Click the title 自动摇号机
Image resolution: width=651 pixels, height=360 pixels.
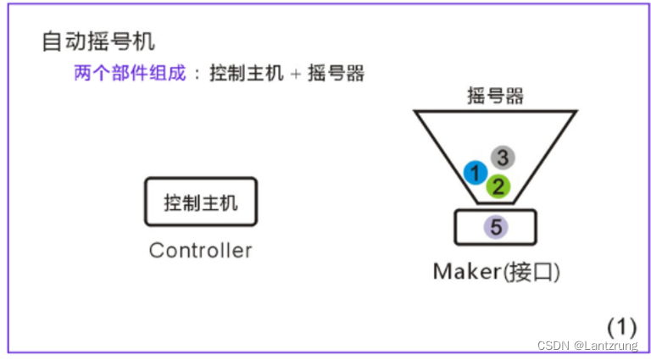98,41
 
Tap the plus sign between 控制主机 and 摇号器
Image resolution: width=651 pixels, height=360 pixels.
295,74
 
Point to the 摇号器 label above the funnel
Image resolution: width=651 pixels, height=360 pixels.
495,95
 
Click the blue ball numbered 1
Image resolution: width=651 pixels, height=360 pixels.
476,173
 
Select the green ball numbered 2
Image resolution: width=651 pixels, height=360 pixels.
498,186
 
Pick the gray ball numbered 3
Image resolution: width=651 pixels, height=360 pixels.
502,158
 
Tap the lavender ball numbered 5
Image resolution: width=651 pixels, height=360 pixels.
496,227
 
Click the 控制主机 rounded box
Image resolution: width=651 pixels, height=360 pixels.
200,202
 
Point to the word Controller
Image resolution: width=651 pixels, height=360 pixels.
200,251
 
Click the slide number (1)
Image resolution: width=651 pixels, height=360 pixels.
621,327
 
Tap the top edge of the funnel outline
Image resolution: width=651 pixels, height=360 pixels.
495,111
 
